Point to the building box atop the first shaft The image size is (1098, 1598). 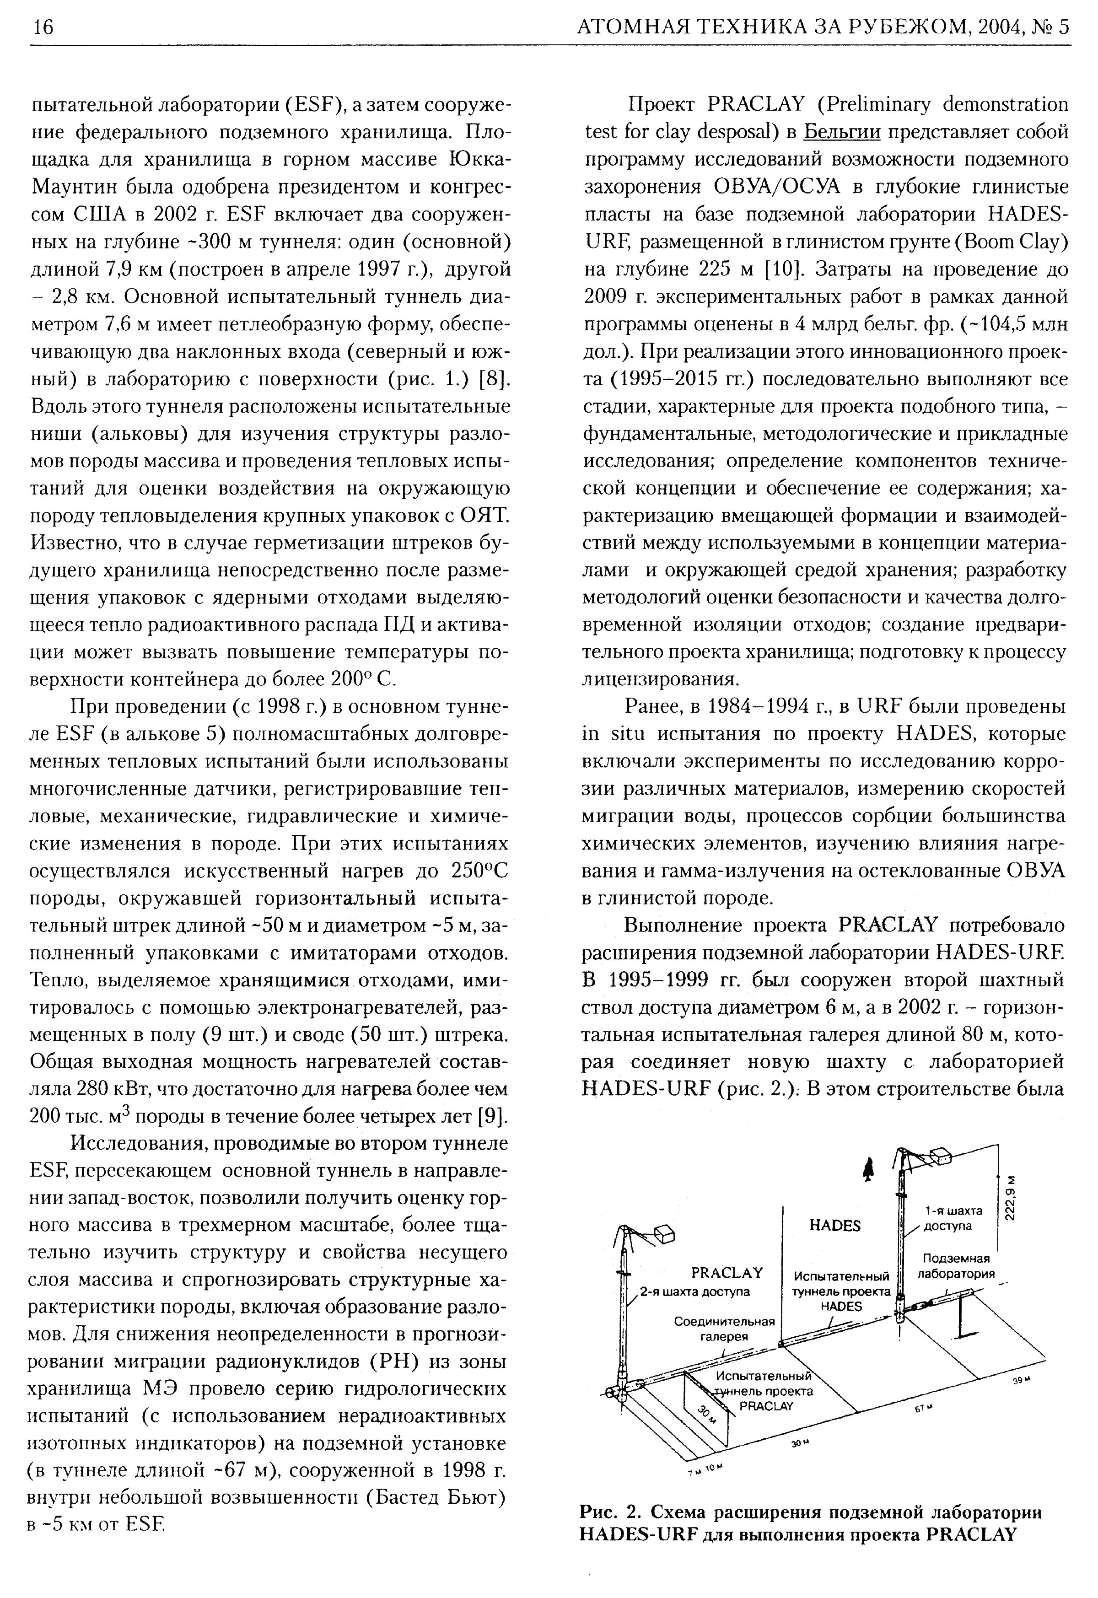941,1157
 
